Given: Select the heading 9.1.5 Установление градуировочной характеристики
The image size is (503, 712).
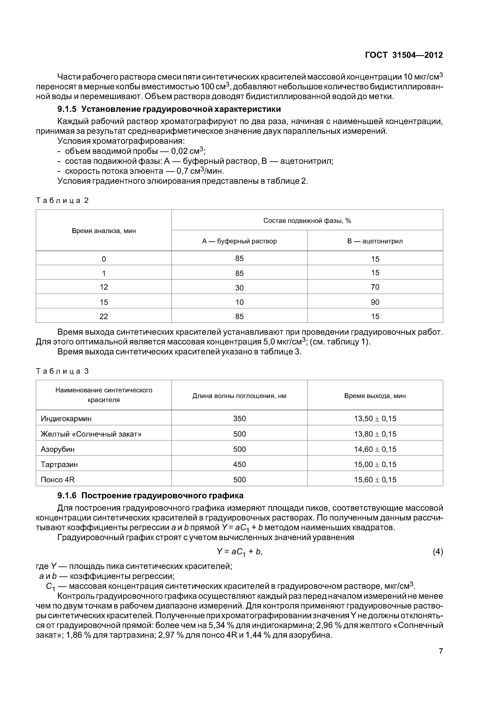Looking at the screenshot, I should pos(169,109).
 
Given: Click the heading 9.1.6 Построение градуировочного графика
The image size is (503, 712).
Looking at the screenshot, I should pos(150,496).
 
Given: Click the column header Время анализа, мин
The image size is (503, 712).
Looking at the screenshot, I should pos(104,231).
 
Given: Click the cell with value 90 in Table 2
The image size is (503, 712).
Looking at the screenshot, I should pos(375,302).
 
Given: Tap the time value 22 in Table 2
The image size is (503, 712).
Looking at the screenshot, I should pos(104,316).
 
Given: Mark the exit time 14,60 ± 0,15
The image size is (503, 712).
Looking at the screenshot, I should pos(375,449).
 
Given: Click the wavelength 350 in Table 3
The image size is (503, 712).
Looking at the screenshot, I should pos(239,419).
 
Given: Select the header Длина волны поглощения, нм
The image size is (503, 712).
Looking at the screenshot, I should pos(239,396).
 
